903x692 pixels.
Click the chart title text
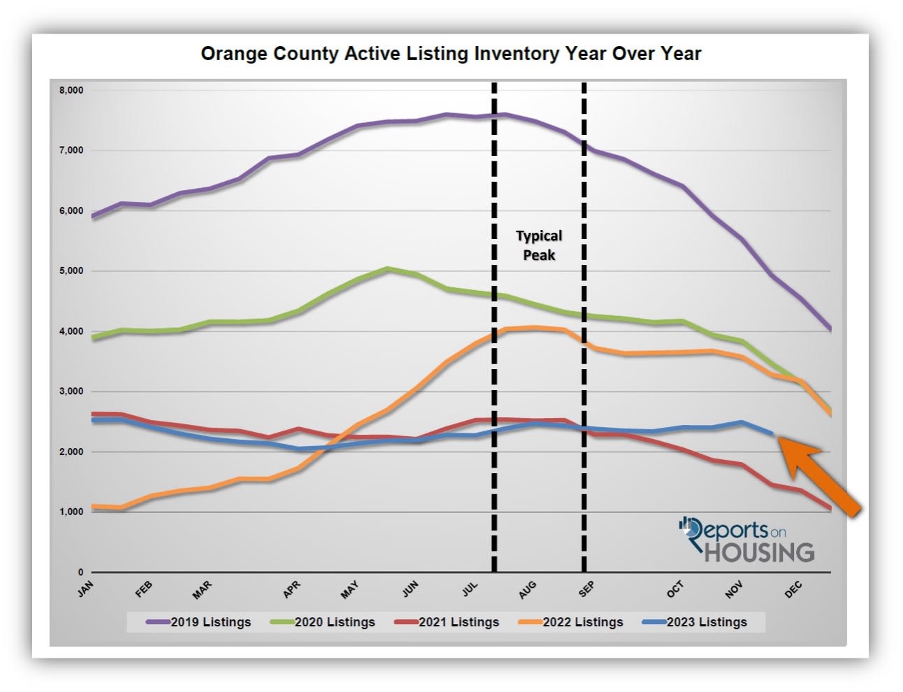(x=451, y=54)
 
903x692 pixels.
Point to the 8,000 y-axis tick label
(x=71, y=90)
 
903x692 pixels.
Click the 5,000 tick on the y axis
(x=71, y=271)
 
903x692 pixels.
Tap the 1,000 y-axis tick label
(x=71, y=512)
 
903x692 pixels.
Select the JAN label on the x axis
(x=85, y=589)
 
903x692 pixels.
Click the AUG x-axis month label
(x=528, y=589)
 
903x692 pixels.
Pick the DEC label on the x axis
(x=793, y=589)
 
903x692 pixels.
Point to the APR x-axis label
(x=291, y=589)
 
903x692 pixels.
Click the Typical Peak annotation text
(x=539, y=245)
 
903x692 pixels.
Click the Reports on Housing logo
(x=746, y=540)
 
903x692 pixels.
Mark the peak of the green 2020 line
(x=389, y=268)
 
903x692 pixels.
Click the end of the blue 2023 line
(x=772, y=433)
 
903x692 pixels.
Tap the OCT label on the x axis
(x=675, y=589)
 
